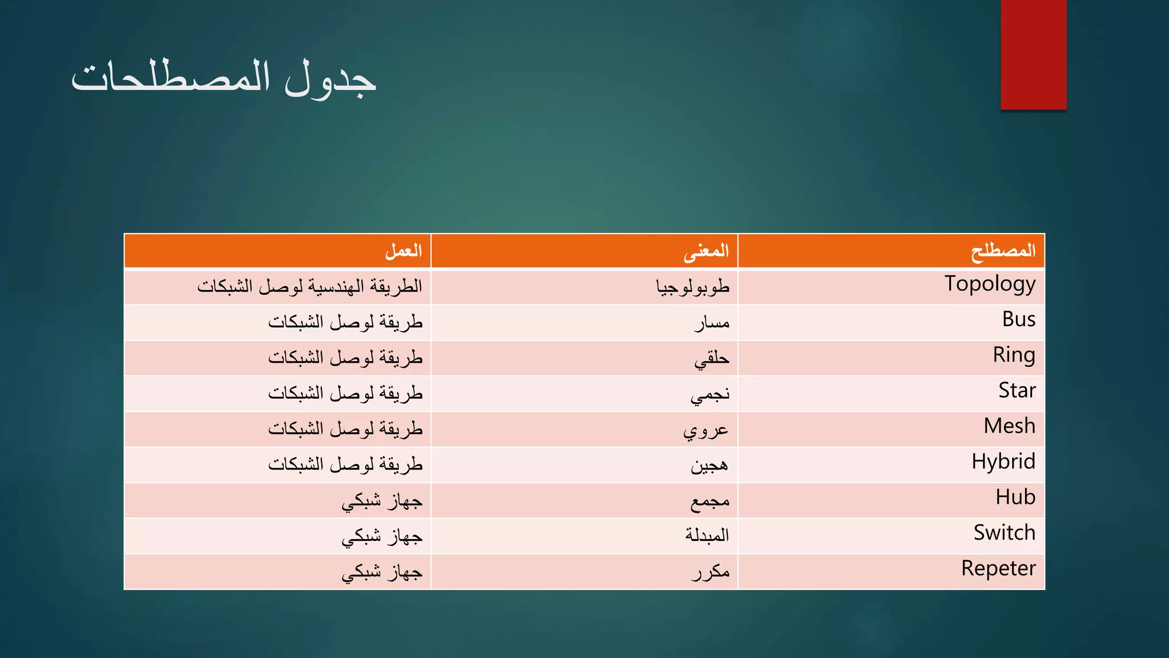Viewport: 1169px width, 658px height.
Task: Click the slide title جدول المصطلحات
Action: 224,78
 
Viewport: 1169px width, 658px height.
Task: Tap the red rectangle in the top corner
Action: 1033,55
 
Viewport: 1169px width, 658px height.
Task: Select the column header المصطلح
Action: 1003,251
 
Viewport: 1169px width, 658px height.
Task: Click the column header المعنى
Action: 706,251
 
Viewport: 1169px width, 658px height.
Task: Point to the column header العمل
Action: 404,251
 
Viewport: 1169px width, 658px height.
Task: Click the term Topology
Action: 990,284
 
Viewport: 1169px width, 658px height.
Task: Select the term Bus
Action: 1019,319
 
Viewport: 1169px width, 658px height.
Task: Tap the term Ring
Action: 1014,355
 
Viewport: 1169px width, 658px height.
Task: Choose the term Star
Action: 1017,391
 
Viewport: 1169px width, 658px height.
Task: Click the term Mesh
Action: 1009,426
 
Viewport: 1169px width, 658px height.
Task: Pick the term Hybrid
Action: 1003,462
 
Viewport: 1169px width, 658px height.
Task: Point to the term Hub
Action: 1015,497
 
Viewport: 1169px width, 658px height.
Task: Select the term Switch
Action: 1004,533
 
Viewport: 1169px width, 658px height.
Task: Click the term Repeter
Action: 998,569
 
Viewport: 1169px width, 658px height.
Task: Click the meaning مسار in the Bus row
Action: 712,323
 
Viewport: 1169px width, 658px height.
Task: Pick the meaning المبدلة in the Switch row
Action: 707,535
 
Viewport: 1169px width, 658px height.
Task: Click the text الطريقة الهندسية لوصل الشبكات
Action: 310,286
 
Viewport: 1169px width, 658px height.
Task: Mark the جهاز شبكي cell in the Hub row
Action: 382,501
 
